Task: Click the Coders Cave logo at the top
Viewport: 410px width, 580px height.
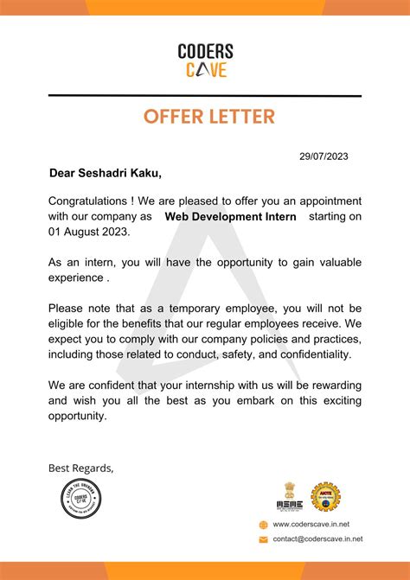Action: (x=204, y=61)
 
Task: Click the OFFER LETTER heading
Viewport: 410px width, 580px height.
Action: (x=205, y=116)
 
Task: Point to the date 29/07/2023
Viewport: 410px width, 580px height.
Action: (x=324, y=156)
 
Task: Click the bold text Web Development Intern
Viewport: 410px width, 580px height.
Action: (x=230, y=217)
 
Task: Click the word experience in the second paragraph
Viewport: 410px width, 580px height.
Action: (x=75, y=278)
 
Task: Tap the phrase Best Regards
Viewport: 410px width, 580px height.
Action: (x=80, y=468)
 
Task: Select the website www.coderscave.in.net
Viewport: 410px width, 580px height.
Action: (x=311, y=524)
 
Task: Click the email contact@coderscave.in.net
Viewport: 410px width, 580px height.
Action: (x=317, y=539)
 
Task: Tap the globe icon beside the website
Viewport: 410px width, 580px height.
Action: (x=264, y=524)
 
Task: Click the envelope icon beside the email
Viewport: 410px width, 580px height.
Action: (x=264, y=539)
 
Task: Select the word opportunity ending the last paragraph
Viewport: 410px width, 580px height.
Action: (x=77, y=416)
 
